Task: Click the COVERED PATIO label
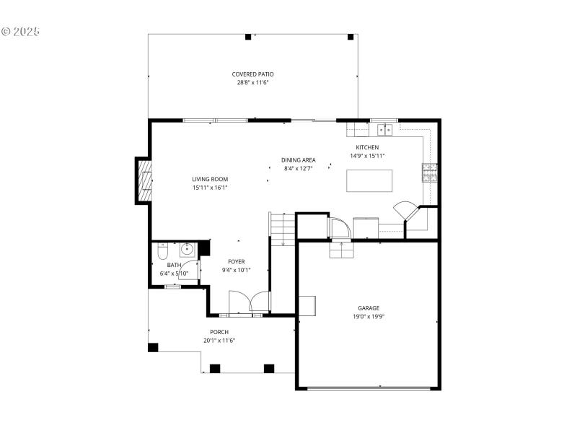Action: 252,74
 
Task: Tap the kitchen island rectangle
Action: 369,180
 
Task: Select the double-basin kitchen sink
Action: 384,130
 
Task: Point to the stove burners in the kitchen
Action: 429,172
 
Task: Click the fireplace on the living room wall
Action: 145,180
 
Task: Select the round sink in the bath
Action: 188,250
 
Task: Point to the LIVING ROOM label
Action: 210,179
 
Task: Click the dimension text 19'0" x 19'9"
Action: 369,316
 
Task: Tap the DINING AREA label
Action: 298,160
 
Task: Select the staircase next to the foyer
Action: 283,229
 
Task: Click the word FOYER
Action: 236,261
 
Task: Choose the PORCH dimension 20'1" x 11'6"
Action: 219,341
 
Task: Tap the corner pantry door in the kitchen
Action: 405,211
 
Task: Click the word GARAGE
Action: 369,307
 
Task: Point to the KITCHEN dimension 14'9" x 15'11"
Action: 368,156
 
